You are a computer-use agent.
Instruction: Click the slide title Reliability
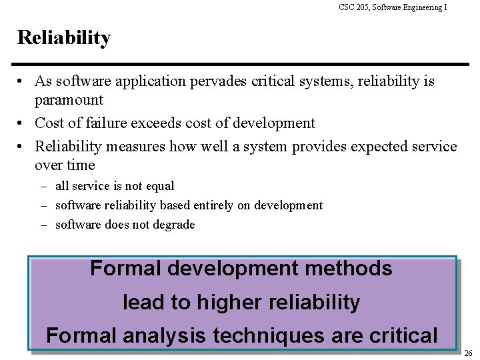64,39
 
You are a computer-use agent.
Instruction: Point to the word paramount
68,99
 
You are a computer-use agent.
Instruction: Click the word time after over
81,164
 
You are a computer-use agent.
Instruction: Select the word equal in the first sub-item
159,187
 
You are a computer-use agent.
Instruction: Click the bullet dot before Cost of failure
22,123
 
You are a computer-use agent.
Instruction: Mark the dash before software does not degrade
43,225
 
